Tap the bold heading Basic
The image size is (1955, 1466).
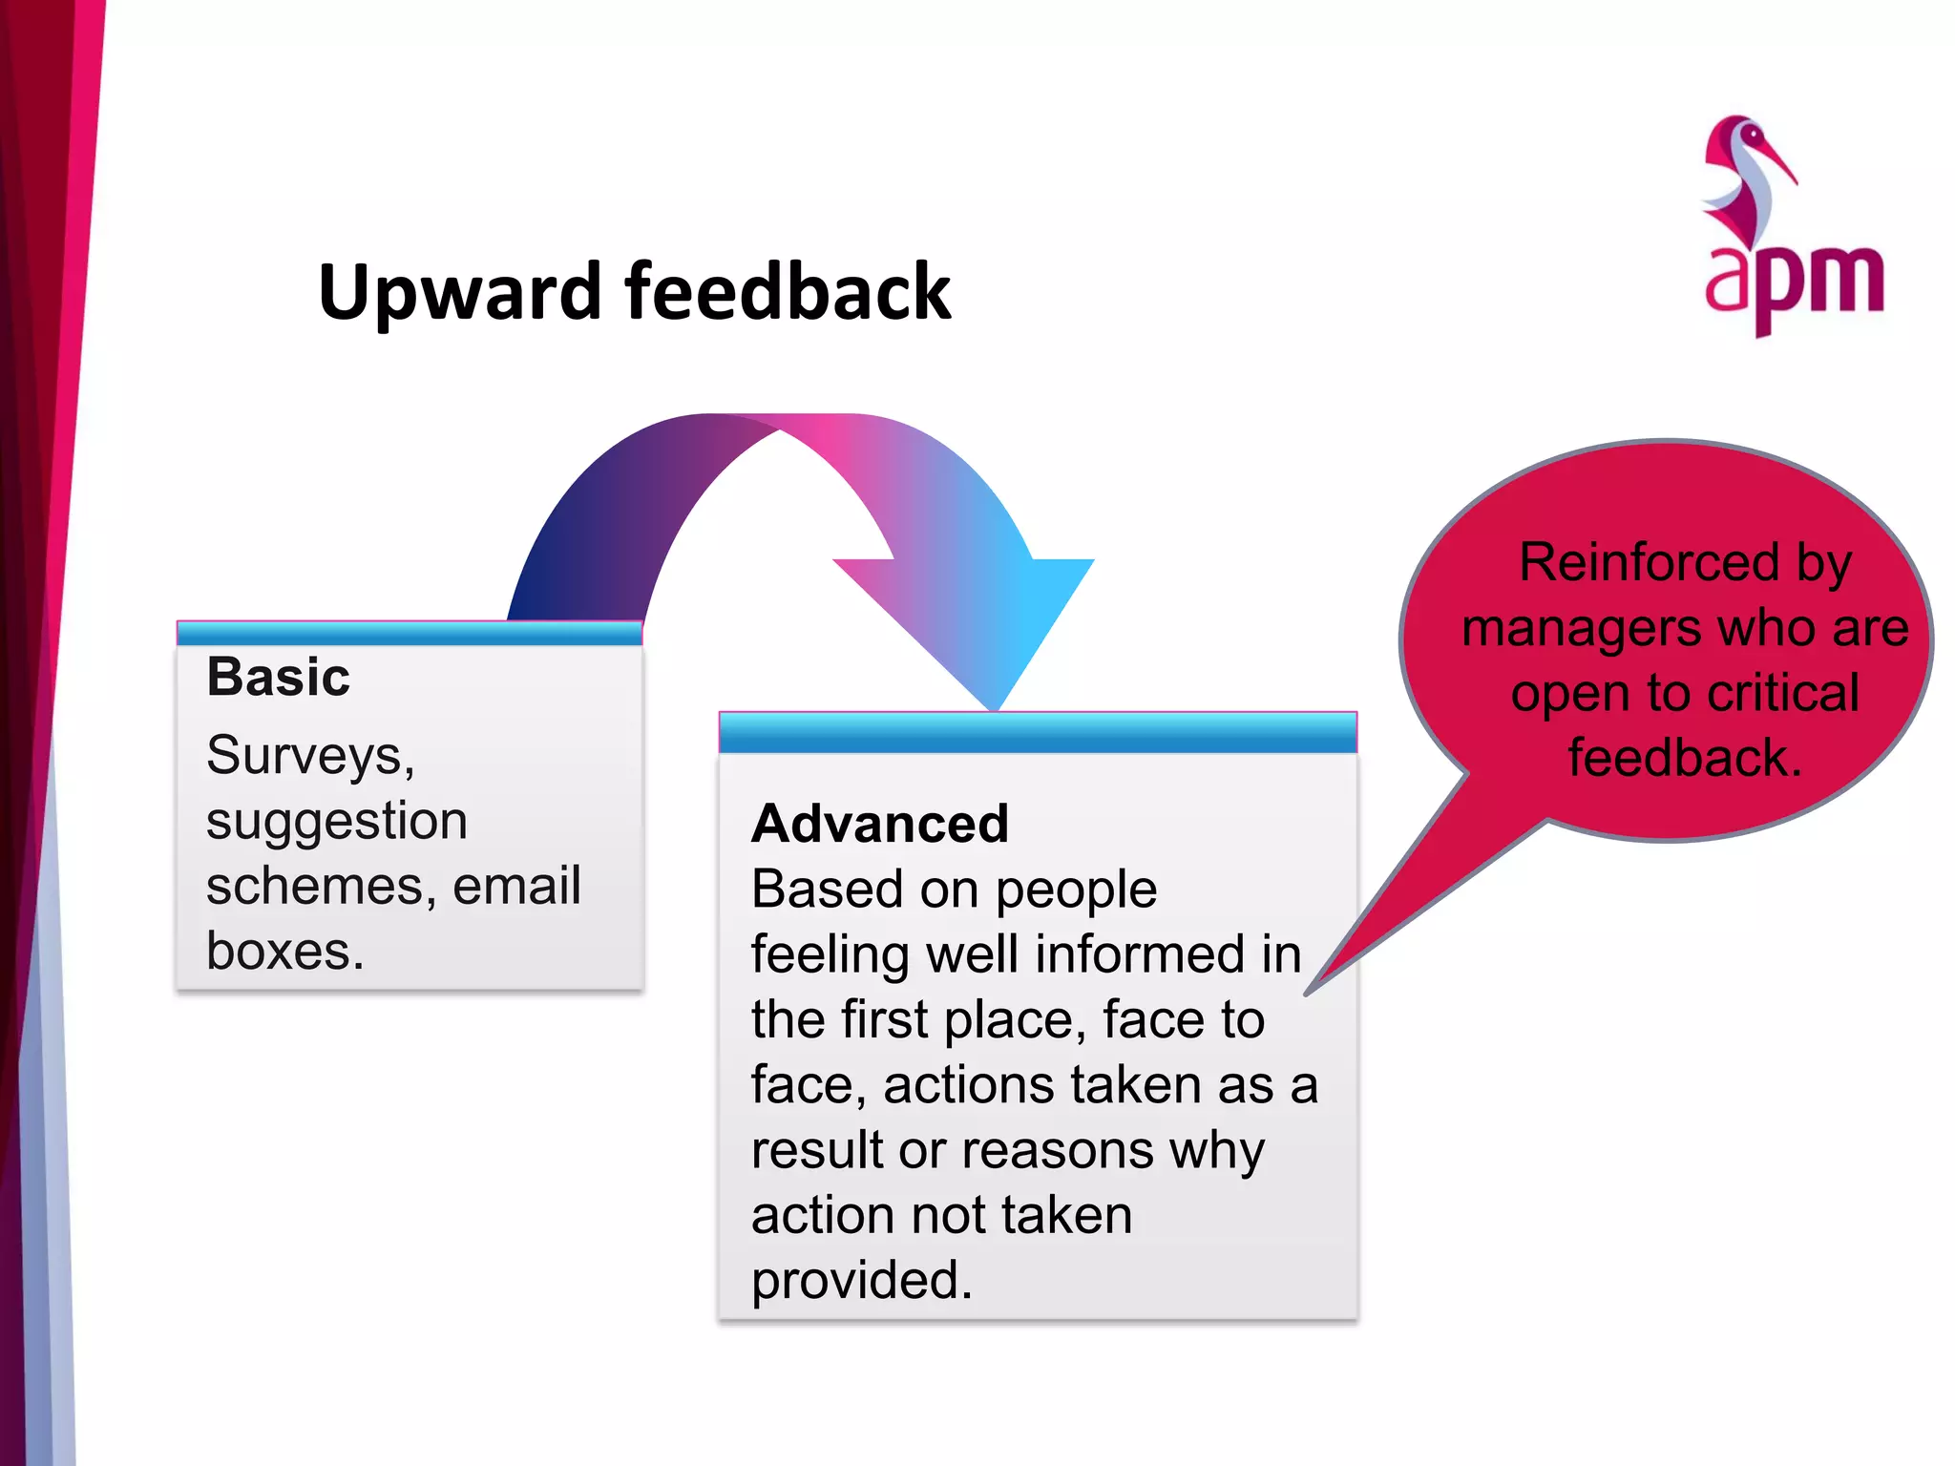pyautogui.click(x=278, y=677)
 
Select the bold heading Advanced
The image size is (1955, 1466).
pyautogui.click(x=879, y=823)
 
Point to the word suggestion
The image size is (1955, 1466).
pyautogui.click(x=336, y=821)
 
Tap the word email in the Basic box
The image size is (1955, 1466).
pyautogui.click(x=516, y=886)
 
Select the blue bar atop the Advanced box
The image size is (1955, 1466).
pyautogui.click(x=1038, y=733)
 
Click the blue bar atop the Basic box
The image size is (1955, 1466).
pyautogui.click(x=410, y=634)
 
